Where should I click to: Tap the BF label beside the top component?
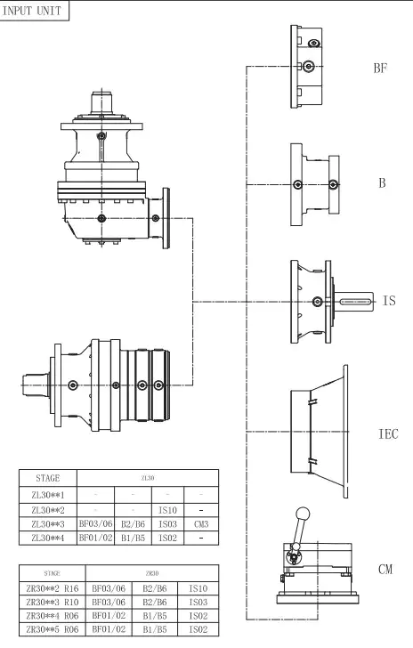pos(379,69)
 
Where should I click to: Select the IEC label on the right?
pos(387,434)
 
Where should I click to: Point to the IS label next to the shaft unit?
pos(388,302)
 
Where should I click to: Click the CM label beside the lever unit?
pos(385,568)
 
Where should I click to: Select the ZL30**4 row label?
pos(48,539)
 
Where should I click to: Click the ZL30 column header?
pos(149,477)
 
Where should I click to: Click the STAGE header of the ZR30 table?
pos(48,572)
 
